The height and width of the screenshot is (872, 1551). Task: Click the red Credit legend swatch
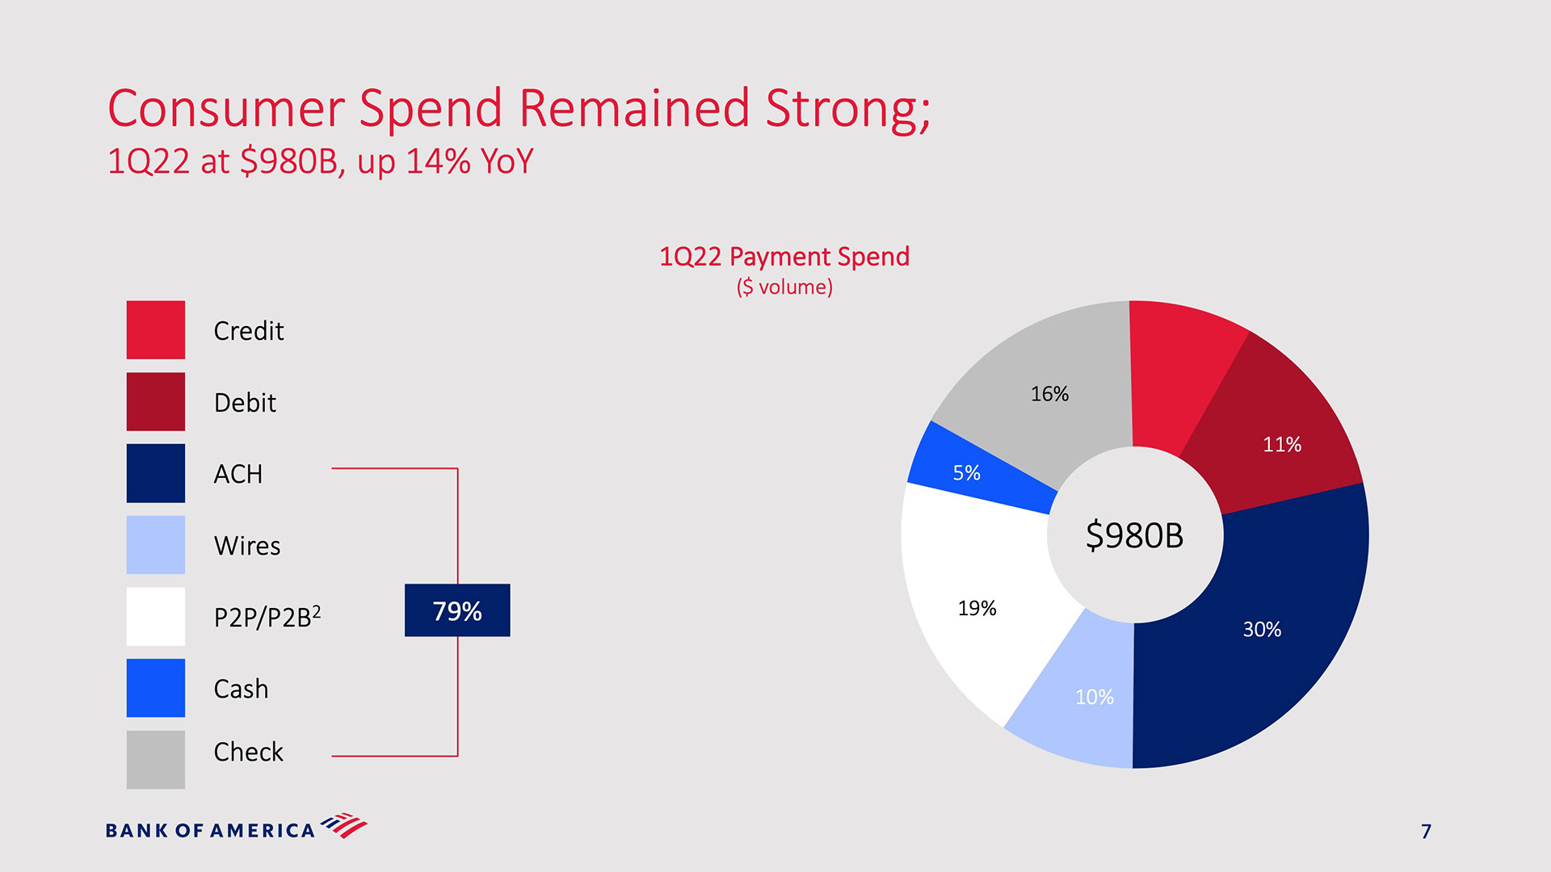click(155, 329)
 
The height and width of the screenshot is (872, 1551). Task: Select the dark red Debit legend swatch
click(155, 401)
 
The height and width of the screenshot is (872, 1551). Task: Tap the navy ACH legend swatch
click(155, 473)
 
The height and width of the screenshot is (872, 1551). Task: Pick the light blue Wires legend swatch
click(155, 545)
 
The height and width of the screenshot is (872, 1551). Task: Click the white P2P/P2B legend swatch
click(155, 616)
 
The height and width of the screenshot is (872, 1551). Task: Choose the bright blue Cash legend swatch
click(155, 688)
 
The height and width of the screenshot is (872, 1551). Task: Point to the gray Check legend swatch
click(155, 759)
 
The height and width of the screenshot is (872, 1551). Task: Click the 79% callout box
click(457, 610)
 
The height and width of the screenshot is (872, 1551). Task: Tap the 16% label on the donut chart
click(1049, 394)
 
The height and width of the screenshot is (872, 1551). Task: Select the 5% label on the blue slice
click(966, 473)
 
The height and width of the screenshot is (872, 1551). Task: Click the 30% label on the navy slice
click(1262, 630)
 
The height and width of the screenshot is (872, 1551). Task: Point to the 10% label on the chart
click(1094, 697)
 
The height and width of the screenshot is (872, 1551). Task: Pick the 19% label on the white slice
click(977, 609)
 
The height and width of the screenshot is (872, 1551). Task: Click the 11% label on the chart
click(1282, 445)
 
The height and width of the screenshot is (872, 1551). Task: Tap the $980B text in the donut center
click(1134, 535)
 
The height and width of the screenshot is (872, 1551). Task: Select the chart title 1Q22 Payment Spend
click(784, 257)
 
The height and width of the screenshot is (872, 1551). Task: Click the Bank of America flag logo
click(344, 825)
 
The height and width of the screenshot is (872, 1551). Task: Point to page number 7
click(1426, 832)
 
